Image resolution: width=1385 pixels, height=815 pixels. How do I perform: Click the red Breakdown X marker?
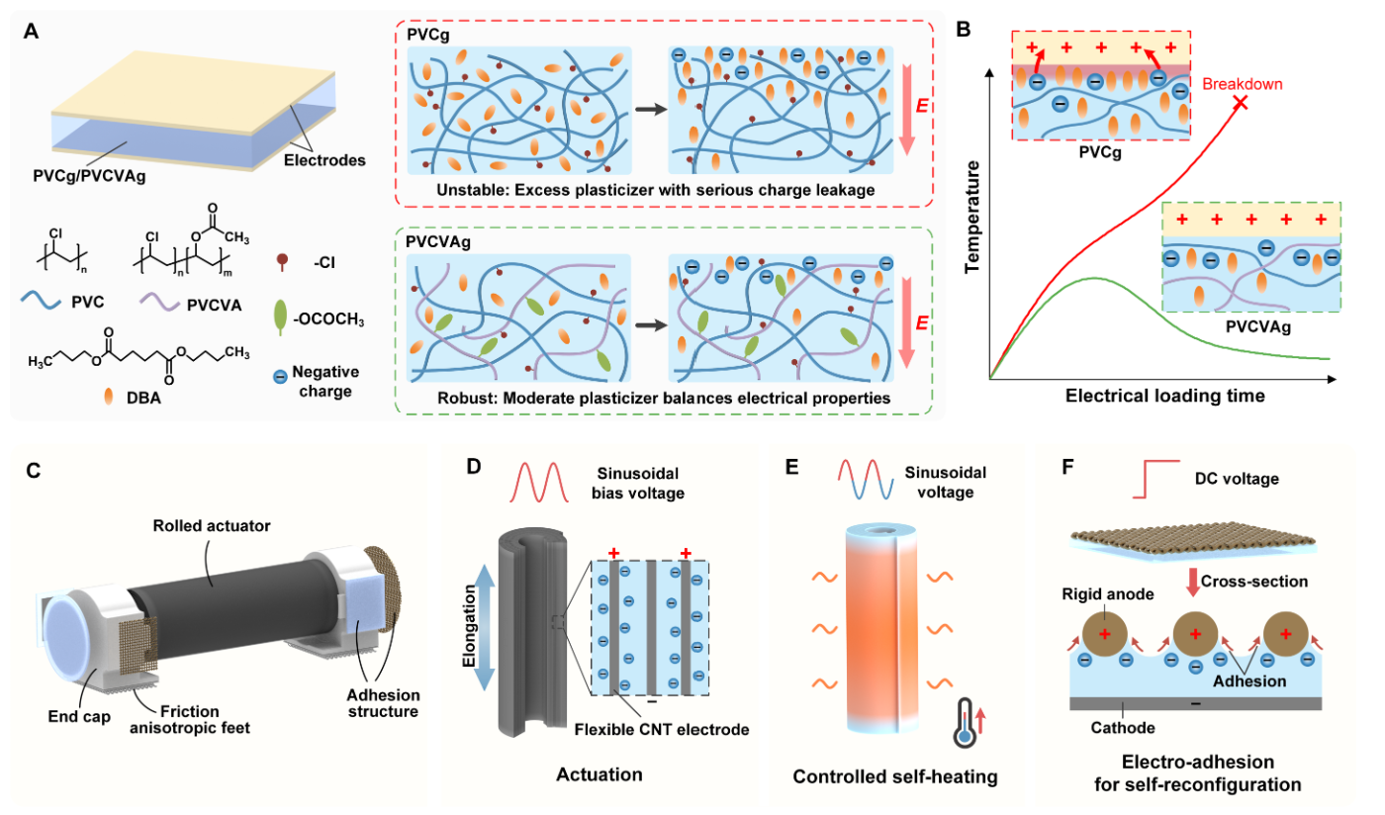point(1241,103)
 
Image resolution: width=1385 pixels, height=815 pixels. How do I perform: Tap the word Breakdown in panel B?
point(1243,84)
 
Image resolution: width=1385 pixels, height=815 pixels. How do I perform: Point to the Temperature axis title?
point(972,217)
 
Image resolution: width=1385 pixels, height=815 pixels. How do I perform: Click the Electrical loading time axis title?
point(1165,396)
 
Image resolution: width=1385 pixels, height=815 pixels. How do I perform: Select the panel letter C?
point(34,471)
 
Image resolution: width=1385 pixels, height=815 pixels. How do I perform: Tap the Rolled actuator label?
point(212,525)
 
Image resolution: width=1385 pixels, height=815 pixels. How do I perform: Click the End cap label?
point(79,717)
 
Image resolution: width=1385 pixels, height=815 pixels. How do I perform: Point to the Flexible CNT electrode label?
point(662,730)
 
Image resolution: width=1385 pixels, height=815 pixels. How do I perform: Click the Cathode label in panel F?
point(1123,728)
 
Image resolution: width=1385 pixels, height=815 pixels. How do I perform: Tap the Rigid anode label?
point(1108,594)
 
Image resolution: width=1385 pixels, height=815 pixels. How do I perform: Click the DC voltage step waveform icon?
point(1155,479)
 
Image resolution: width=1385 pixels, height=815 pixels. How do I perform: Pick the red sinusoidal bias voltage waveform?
point(538,482)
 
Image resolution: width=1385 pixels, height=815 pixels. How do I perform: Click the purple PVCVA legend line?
point(159,301)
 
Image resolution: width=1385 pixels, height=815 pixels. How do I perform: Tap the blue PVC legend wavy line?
point(41,301)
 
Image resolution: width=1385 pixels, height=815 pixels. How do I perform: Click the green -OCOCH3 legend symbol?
point(280,317)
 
